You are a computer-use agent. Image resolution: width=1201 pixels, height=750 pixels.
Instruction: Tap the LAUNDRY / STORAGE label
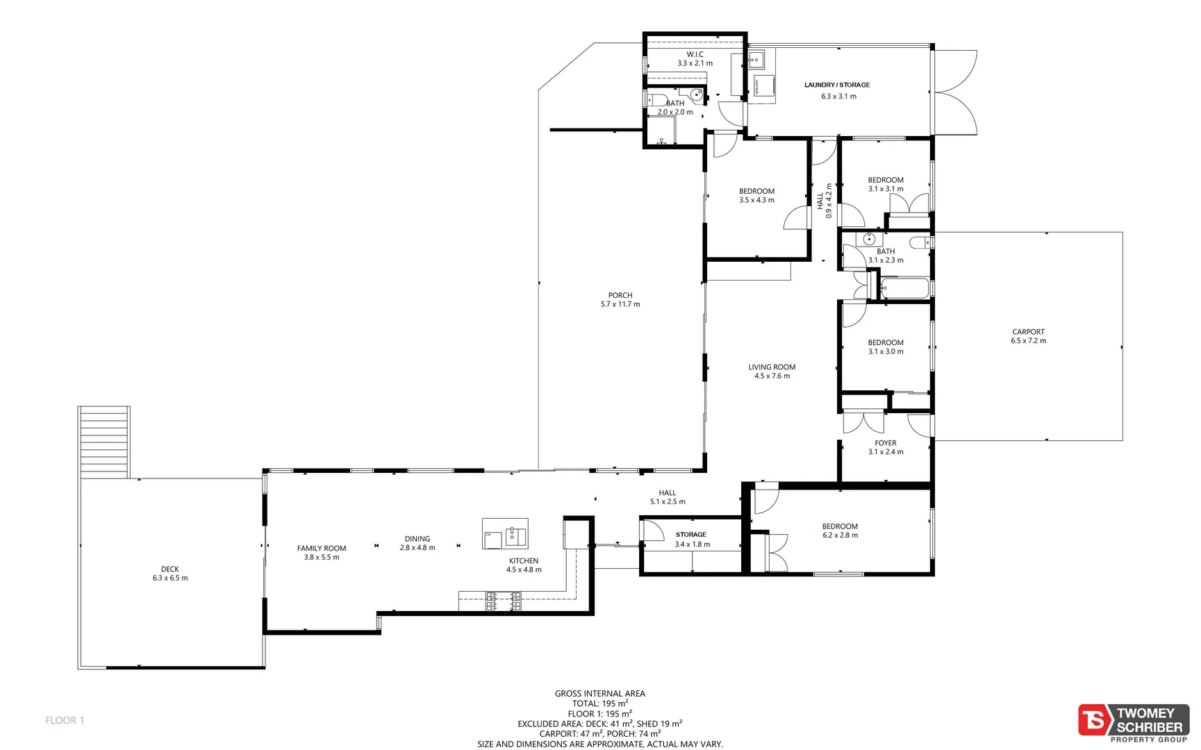[x=837, y=85]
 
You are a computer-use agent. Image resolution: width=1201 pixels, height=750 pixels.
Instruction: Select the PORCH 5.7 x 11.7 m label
[x=620, y=300]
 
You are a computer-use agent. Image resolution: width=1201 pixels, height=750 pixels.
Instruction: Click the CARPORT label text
[x=1028, y=332]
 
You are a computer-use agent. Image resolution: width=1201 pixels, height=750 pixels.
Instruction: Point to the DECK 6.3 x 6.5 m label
[x=170, y=574]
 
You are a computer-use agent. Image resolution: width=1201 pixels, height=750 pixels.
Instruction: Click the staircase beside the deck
[x=104, y=441]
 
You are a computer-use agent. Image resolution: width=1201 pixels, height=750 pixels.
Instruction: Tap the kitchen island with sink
[x=505, y=534]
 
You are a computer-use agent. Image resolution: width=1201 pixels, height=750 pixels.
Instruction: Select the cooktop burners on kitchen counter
[x=504, y=601]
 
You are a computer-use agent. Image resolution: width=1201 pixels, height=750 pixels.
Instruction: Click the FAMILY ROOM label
[x=321, y=549]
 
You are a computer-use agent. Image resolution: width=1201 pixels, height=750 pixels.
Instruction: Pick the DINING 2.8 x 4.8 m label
[x=417, y=543]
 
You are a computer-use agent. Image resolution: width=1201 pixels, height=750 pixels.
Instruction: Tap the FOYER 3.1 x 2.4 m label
[x=886, y=447]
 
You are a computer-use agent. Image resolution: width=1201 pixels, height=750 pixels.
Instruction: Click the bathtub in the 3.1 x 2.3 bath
[x=904, y=288]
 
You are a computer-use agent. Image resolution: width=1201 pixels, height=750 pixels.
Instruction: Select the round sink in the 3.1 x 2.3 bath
[x=869, y=240]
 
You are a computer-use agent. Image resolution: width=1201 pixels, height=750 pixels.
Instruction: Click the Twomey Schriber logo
[x=1133, y=722]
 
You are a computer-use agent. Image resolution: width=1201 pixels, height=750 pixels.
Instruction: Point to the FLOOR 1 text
[x=65, y=720]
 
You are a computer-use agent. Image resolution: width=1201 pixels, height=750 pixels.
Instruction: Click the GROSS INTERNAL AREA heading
[x=599, y=693]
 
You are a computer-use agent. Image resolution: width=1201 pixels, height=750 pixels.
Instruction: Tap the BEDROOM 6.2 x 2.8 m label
[x=840, y=531]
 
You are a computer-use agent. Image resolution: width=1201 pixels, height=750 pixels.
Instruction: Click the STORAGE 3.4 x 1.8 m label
[x=691, y=540]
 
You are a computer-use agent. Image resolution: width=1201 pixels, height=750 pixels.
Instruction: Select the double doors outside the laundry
[x=956, y=92]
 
